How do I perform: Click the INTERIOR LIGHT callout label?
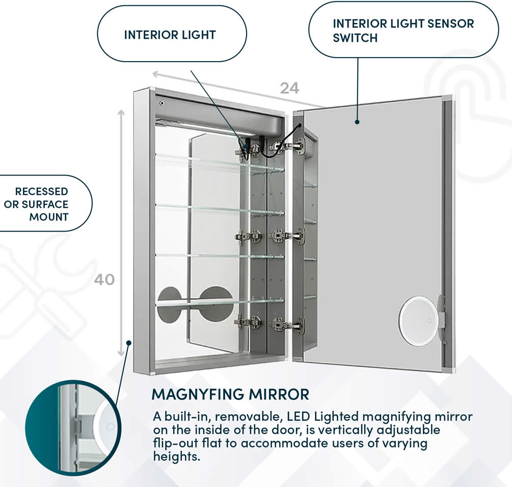pos(170,35)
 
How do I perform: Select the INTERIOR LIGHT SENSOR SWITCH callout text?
pos(403,31)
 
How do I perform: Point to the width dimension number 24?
pos(289,88)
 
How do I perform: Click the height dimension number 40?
pos(104,279)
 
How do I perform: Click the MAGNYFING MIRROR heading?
pos(230,394)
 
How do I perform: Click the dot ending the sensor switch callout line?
pos(357,122)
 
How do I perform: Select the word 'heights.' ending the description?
pos(176,456)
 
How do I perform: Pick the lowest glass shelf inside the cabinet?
pos(219,303)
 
